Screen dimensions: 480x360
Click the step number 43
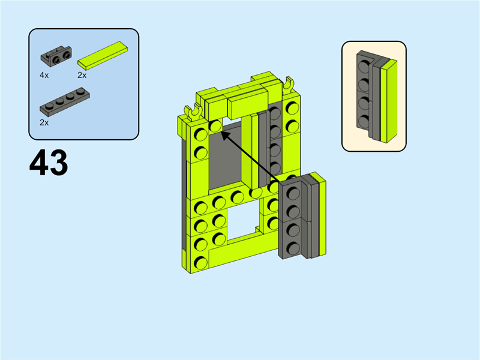tap(49, 163)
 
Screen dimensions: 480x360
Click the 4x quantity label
tap(44, 76)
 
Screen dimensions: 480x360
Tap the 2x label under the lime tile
tap(82, 76)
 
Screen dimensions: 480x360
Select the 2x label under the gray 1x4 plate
tap(44, 123)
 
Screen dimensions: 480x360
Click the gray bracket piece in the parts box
tap(56, 56)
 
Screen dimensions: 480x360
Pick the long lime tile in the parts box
tap(103, 55)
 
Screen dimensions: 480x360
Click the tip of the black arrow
tap(221, 132)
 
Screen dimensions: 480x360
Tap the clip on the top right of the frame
tap(288, 85)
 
